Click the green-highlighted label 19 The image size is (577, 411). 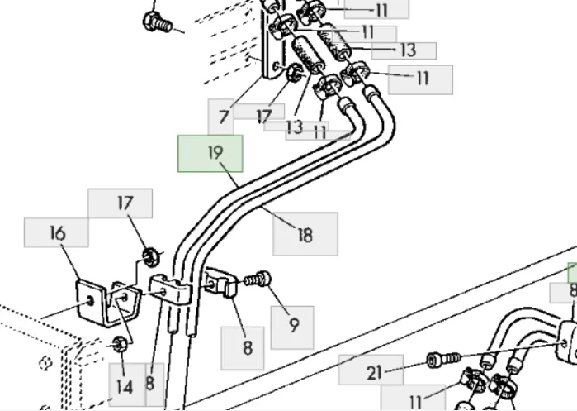(211, 154)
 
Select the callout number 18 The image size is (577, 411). (305, 234)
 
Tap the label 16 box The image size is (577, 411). (56, 232)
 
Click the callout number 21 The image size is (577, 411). (373, 373)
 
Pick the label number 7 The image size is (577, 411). (225, 118)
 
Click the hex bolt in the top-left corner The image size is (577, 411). (155, 22)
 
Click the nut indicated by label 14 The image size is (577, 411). (119, 342)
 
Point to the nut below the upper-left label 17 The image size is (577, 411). (150, 256)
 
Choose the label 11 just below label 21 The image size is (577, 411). (415, 401)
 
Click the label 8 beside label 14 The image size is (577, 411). (150, 384)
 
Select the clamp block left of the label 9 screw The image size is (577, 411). (219, 284)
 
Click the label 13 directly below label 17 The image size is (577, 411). (295, 127)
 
